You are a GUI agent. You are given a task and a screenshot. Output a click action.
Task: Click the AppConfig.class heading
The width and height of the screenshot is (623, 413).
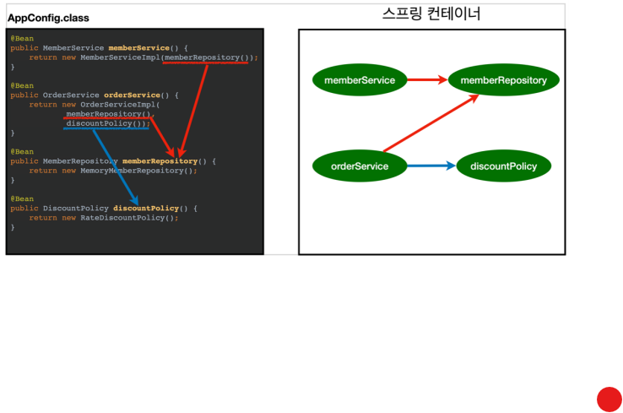[48, 18]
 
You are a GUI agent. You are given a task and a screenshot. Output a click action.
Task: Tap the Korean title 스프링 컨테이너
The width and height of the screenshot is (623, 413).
[431, 14]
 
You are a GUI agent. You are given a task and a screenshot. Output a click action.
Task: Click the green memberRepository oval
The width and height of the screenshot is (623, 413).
[503, 80]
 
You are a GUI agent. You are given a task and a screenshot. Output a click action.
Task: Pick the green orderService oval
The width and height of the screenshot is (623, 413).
[360, 166]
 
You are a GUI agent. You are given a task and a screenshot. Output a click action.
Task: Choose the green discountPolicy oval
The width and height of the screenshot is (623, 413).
[503, 166]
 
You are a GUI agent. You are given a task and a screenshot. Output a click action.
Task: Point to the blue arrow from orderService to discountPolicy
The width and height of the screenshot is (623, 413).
[431, 166]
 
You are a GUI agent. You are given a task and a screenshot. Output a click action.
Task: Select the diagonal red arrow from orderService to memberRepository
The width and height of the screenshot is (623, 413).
[431, 124]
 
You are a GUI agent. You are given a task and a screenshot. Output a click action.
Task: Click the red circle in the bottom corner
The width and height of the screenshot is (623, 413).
[609, 399]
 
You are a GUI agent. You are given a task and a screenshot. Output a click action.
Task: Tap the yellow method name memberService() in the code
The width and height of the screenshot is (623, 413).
[138, 48]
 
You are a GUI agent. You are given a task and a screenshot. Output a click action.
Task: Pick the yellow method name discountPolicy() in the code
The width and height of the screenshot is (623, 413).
[145, 208]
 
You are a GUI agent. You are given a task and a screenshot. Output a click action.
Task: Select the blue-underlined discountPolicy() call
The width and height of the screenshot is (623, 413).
[106, 123]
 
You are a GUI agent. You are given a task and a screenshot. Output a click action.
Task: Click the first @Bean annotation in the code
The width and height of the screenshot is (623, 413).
[23, 39]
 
